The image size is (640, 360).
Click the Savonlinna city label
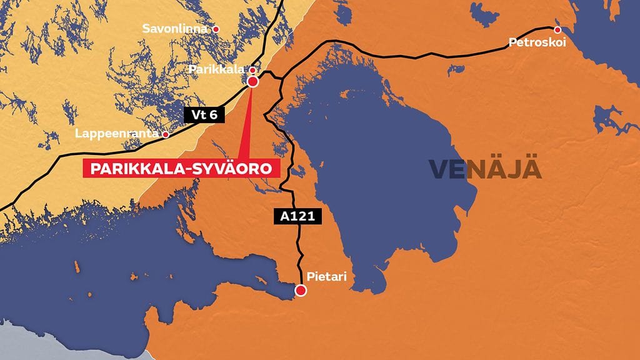[177, 29]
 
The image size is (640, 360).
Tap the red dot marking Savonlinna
[216, 29]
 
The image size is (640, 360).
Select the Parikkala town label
[217, 69]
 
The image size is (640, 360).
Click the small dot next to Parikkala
[252, 70]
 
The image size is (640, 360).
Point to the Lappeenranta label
[116, 134]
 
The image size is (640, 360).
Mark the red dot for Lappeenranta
[166, 134]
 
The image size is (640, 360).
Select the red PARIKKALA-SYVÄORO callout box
[181, 169]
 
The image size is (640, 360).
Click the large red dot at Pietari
[301, 290]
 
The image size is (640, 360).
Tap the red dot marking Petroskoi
[557, 29]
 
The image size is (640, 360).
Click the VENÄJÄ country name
[484, 169]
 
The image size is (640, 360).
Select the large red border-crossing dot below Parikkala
[252, 81]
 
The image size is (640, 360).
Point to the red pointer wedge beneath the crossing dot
[247, 125]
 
